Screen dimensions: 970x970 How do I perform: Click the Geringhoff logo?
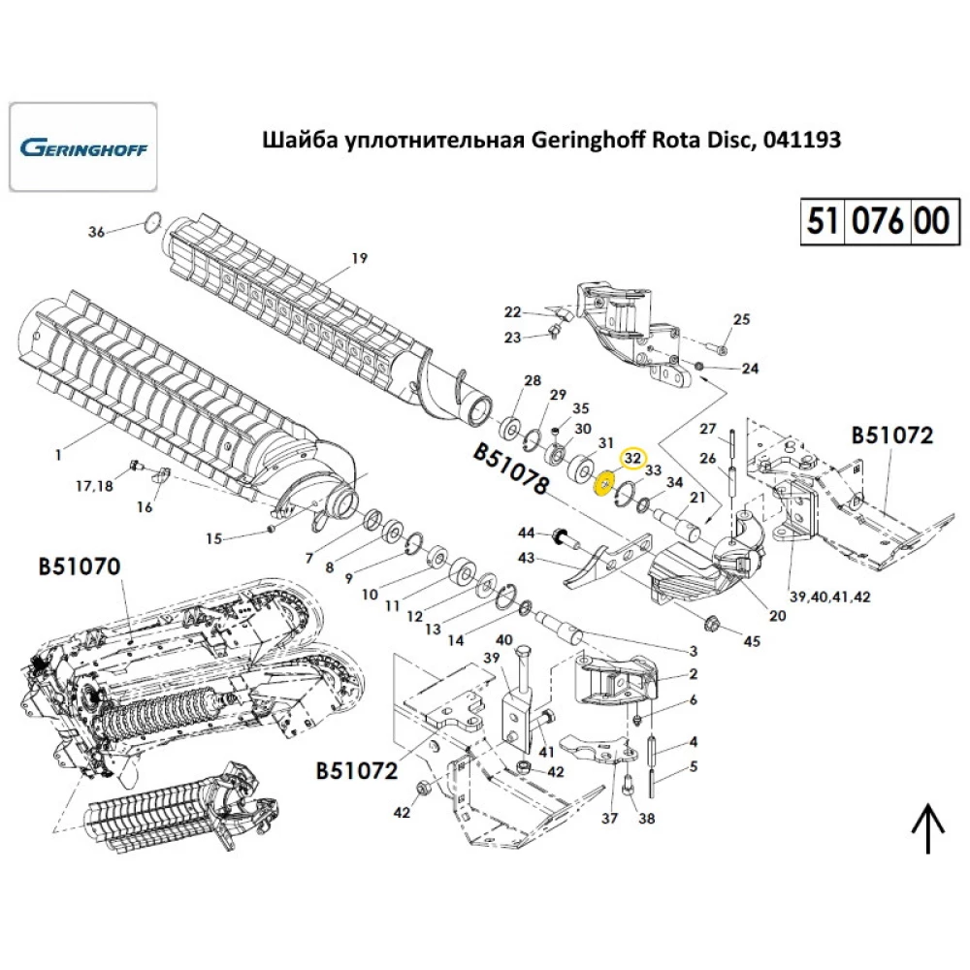point(82,149)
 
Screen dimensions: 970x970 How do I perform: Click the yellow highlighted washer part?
point(603,483)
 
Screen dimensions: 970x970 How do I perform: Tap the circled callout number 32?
point(632,456)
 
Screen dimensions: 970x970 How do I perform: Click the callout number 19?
point(359,258)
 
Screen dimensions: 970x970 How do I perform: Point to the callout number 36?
point(96,232)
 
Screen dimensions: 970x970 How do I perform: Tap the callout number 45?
point(753,641)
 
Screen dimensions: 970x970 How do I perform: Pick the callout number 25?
point(741,319)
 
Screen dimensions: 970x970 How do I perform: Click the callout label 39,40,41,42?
point(829,597)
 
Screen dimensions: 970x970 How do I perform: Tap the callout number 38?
point(646,819)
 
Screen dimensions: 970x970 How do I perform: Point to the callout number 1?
point(57,454)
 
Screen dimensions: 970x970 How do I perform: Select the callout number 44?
point(526,533)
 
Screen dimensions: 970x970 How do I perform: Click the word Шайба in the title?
point(298,140)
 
